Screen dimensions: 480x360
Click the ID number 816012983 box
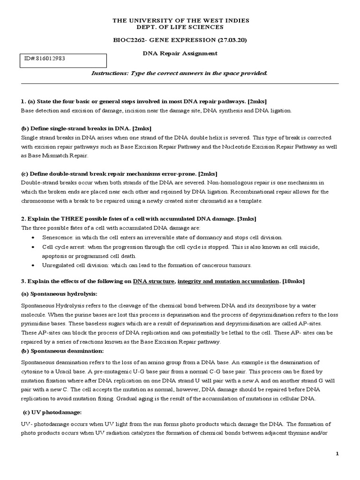click(x=63, y=60)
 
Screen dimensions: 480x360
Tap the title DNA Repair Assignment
click(x=180, y=53)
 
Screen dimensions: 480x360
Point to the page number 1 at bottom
click(x=337, y=454)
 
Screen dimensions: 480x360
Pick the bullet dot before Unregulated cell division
click(x=32, y=265)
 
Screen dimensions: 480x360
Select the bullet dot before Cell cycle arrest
click(x=32, y=247)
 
